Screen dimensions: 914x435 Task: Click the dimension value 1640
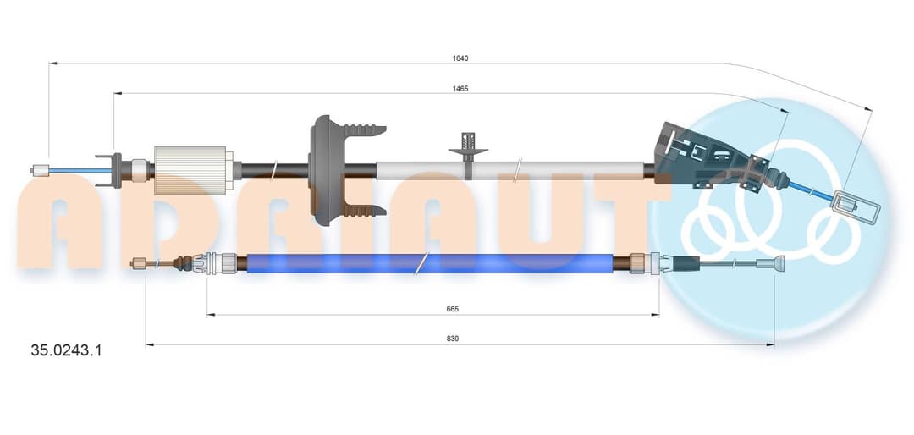(x=460, y=58)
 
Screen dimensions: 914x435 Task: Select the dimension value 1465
(x=460, y=89)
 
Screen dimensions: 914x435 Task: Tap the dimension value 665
(x=453, y=309)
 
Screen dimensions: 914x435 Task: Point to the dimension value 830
(x=453, y=339)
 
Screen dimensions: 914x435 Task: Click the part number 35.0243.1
(x=66, y=350)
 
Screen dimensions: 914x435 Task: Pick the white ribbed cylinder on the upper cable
(x=190, y=170)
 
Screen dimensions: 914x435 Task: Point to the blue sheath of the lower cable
(x=430, y=263)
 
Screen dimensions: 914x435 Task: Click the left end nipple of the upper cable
(x=40, y=170)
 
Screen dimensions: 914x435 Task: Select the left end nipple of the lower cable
(x=139, y=263)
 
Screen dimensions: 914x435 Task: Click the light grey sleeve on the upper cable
(x=510, y=170)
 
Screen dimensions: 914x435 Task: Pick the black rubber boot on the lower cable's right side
(x=686, y=263)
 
